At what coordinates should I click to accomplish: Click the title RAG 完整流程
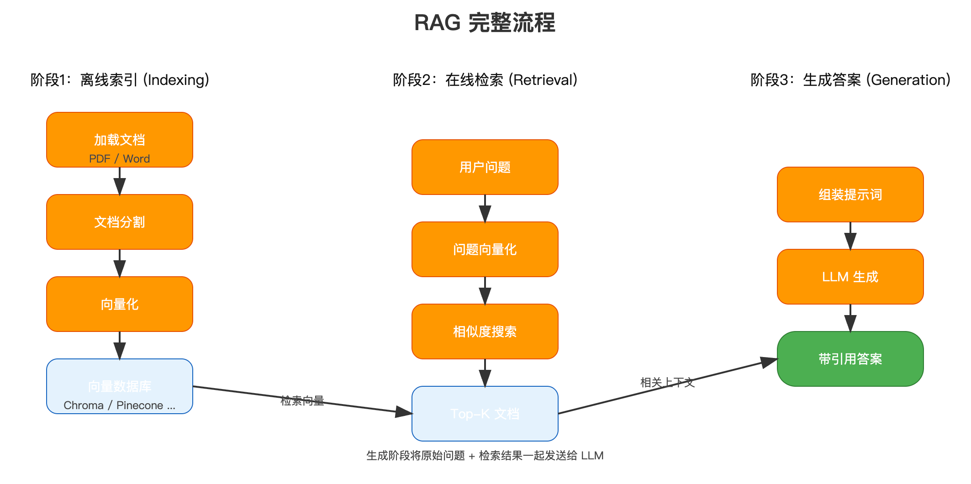485,23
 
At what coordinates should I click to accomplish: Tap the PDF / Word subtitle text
119,158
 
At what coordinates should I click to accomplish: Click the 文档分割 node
119,222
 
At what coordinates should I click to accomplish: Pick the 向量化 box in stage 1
119,304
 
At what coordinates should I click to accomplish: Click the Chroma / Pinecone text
119,405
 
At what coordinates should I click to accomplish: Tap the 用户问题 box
485,167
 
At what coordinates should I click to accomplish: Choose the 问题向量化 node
485,249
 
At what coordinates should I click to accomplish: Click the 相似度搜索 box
485,331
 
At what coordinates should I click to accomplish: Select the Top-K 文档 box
485,414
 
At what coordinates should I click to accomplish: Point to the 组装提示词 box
850,195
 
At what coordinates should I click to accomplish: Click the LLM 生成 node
850,277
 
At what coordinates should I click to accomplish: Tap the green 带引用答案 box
850,359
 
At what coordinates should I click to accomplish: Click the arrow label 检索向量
302,401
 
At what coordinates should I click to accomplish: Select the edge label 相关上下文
667,383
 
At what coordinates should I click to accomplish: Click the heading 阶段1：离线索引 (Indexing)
120,80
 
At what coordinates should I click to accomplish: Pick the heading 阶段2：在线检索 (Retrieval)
485,80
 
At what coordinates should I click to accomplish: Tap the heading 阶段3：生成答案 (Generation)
850,80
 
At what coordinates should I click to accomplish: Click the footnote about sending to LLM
485,455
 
